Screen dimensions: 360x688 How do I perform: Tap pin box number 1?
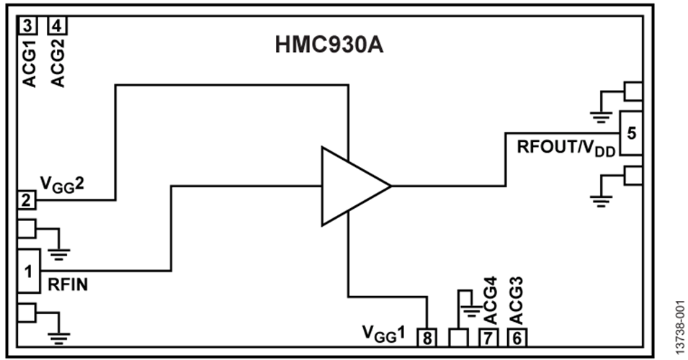29,271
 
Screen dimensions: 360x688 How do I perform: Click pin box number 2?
26,200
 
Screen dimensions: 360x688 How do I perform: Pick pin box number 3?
27,26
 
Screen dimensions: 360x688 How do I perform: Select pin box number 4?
57,26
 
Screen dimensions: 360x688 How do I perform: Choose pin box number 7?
488,336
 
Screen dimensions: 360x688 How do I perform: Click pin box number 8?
429,336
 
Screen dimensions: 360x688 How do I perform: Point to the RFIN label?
68,284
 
